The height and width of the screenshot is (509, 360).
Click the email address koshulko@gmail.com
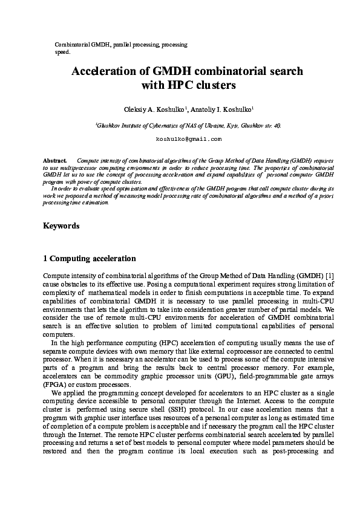tap(180, 139)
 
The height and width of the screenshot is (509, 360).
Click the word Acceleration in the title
tap(105, 71)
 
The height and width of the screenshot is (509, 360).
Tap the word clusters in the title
tap(212, 85)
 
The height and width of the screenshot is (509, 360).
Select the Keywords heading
tap(61, 226)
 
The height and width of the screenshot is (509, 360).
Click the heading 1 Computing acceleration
tap(90, 259)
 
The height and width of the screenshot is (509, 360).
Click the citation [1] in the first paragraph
tap(329, 276)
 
